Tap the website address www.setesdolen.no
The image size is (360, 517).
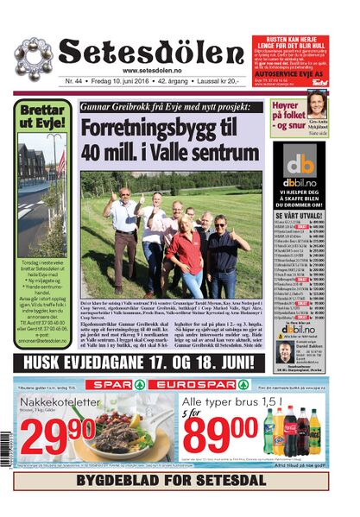click(x=155, y=71)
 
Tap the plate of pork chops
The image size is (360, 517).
click(x=117, y=432)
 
